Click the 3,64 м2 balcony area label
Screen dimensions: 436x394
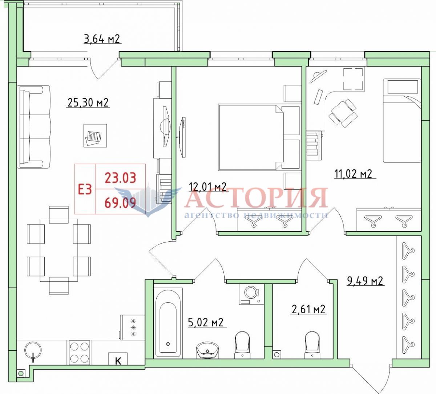[102, 39]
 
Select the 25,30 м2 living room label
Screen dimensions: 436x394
[88, 102]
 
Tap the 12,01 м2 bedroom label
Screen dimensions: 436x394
[208, 187]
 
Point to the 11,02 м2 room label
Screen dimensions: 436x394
[353, 174]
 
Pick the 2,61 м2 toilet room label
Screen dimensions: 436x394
[308, 309]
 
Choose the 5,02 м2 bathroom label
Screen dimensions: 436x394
[206, 322]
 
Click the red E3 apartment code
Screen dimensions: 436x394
[85, 190]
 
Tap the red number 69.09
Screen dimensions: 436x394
[120, 202]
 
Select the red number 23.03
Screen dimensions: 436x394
[120, 177]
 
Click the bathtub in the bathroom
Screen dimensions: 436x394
[168, 322]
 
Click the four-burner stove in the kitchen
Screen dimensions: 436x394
[79, 352]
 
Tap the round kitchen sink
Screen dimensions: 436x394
[33, 350]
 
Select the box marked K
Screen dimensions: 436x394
[118, 358]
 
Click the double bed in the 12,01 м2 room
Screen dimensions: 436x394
[251, 137]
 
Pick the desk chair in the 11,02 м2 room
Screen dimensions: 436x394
[343, 113]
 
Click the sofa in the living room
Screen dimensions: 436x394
[35, 126]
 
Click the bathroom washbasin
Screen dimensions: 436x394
[207, 350]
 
